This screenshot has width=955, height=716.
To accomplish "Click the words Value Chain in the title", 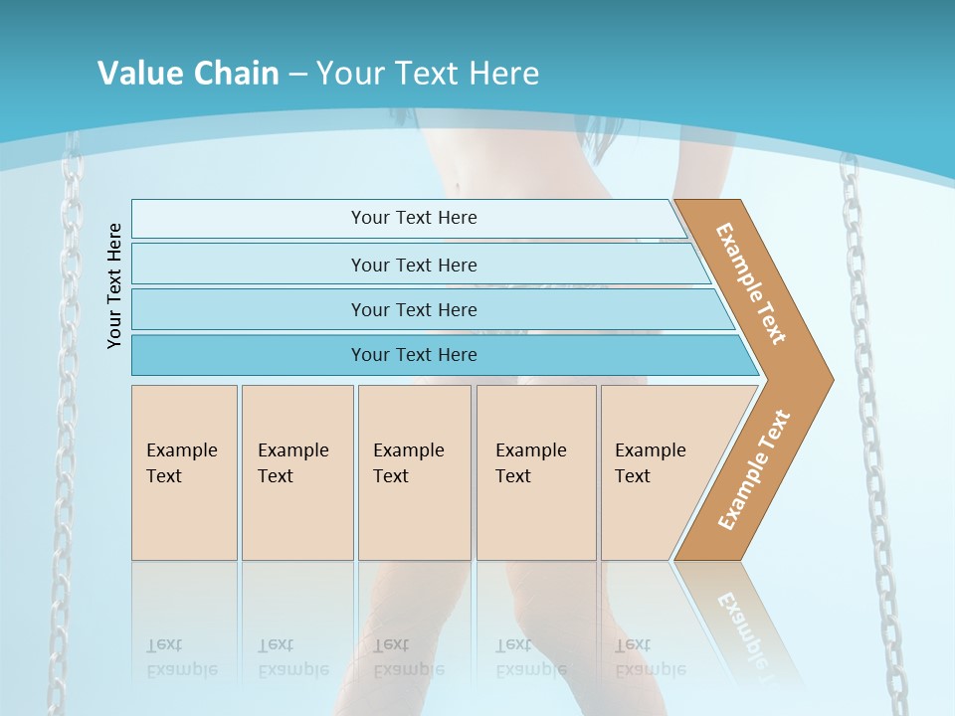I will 188,74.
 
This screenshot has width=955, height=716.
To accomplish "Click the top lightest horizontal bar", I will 413,218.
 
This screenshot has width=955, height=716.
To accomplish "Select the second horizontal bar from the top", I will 413,265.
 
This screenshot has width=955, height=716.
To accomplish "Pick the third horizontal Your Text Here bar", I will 413,309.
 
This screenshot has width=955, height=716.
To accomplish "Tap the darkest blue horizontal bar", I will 413,355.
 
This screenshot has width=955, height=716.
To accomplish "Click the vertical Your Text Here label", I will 114,285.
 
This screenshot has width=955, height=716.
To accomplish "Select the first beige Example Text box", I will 184,472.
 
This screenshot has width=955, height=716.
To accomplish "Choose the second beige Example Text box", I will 296,472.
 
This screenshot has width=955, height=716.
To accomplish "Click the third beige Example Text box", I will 414,472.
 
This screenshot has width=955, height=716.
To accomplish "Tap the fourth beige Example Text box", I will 535,472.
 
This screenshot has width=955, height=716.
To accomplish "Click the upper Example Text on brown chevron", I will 751,283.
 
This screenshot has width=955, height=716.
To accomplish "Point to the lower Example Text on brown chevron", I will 753,470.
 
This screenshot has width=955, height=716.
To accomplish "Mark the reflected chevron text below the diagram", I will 741,626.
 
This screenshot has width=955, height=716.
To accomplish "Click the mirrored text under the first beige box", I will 181,657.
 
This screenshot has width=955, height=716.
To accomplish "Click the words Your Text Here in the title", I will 428,74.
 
